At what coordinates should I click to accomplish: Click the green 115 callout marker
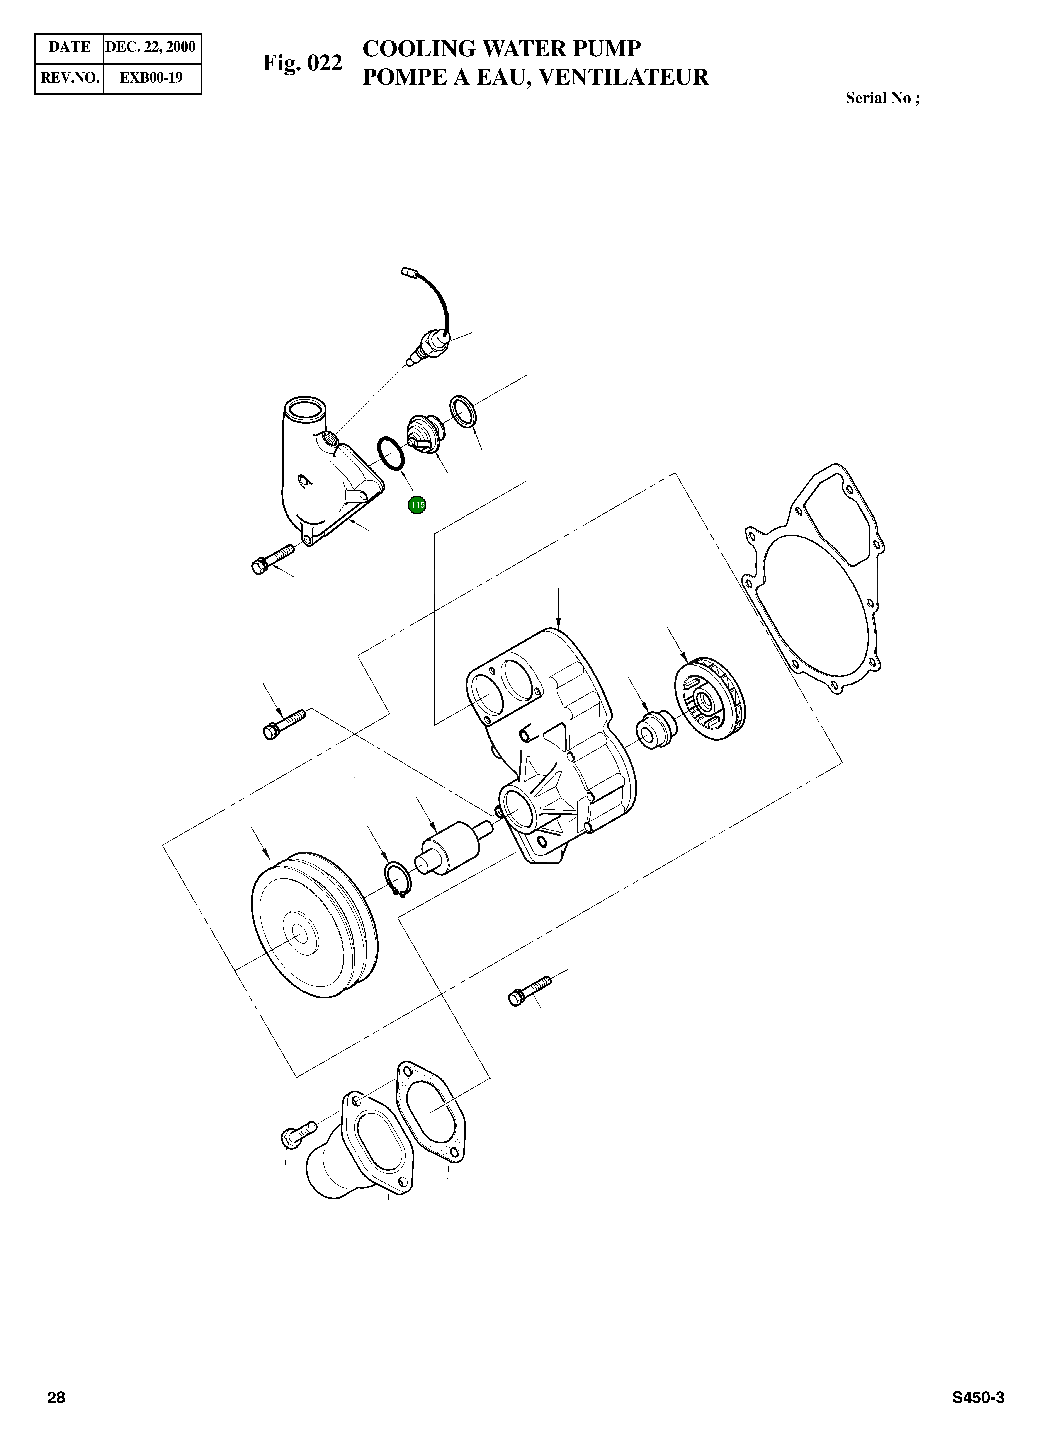tap(416, 505)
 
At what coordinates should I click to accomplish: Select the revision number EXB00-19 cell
tap(151, 78)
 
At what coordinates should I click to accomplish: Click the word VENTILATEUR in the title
tap(622, 77)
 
